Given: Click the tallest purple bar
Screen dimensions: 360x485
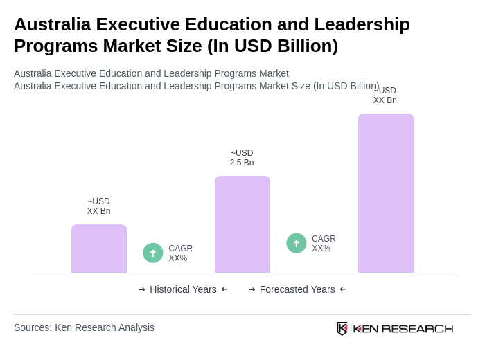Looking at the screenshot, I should [x=385, y=193].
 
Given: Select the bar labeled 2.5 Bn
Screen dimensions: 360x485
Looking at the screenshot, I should [x=242, y=224].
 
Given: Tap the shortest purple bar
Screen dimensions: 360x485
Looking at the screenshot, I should [x=99, y=249].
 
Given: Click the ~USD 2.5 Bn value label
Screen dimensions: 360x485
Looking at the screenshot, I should [x=242, y=158].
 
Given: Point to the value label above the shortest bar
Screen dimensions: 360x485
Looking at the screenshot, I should [x=98, y=206].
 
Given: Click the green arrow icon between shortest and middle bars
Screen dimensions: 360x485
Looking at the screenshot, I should [x=153, y=253].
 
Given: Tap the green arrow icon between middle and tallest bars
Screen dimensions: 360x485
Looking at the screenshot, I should [x=297, y=243].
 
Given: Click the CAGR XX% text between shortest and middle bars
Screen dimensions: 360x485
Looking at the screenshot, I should [x=180, y=253].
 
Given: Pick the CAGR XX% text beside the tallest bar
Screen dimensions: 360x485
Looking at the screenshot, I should [x=324, y=244].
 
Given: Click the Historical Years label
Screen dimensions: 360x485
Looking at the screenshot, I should [x=183, y=289].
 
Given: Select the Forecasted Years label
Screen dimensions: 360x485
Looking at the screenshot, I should [x=297, y=289].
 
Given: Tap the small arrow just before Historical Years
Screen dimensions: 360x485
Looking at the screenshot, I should [x=142, y=289].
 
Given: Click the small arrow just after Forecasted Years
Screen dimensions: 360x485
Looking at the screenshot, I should [x=343, y=289].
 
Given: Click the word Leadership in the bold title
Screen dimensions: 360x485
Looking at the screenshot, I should [x=362, y=24].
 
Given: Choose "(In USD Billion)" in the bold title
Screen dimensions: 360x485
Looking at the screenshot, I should [x=272, y=46].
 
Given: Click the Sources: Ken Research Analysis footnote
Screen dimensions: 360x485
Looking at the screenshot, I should [x=84, y=327].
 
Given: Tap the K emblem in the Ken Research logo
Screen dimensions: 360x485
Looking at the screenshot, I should [x=342, y=328].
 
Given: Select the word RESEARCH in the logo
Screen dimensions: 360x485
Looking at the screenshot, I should [x=417, y=328].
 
